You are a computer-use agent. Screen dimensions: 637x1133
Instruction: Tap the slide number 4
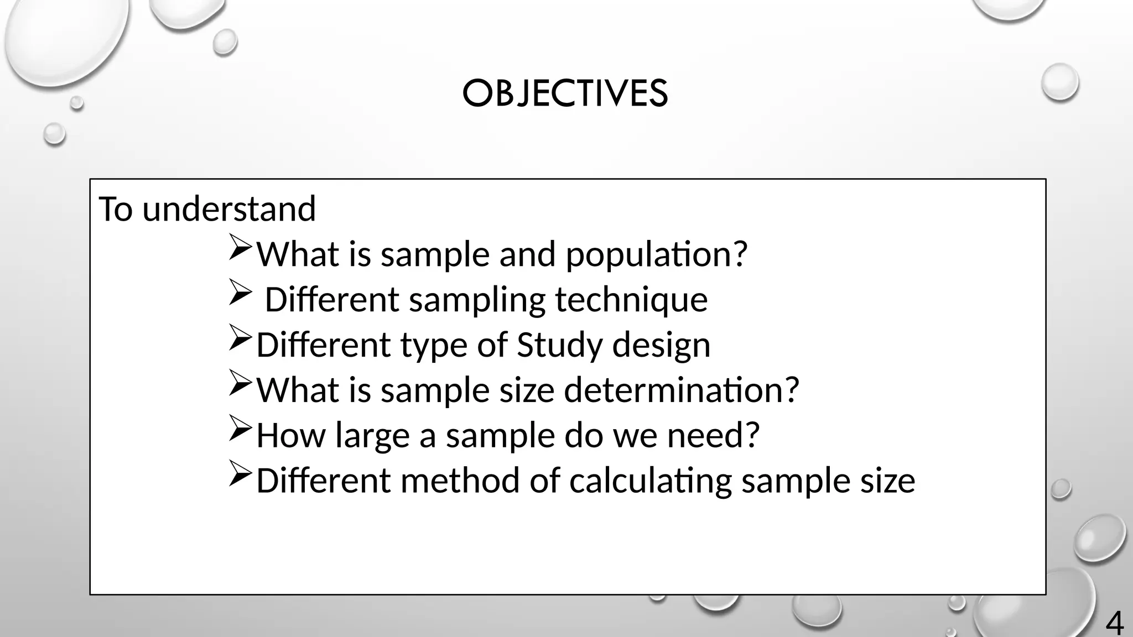1114,624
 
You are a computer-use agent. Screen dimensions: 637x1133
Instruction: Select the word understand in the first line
229,209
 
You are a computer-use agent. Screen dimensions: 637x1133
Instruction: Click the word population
656,254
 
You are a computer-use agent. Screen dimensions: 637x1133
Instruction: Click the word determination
681,390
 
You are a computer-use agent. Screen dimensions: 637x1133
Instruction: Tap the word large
372,436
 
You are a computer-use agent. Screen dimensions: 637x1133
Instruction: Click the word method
460,481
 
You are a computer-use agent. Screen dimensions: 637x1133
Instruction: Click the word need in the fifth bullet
713,436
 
